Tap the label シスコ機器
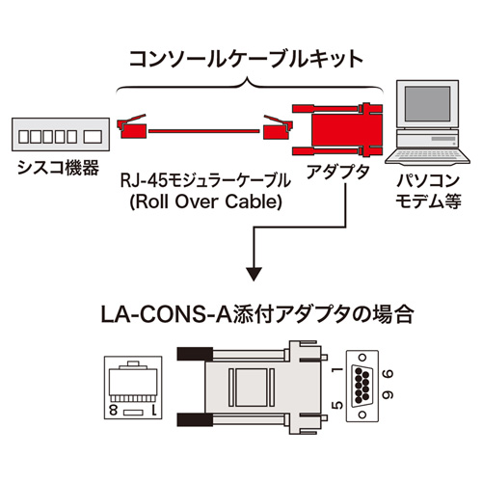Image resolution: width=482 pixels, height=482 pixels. pos(57,170)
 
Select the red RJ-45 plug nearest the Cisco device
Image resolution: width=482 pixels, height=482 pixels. pos(133,126)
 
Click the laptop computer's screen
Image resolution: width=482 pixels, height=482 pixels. pos(425,109)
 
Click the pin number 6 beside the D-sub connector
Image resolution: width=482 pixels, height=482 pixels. pos(388,370)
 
